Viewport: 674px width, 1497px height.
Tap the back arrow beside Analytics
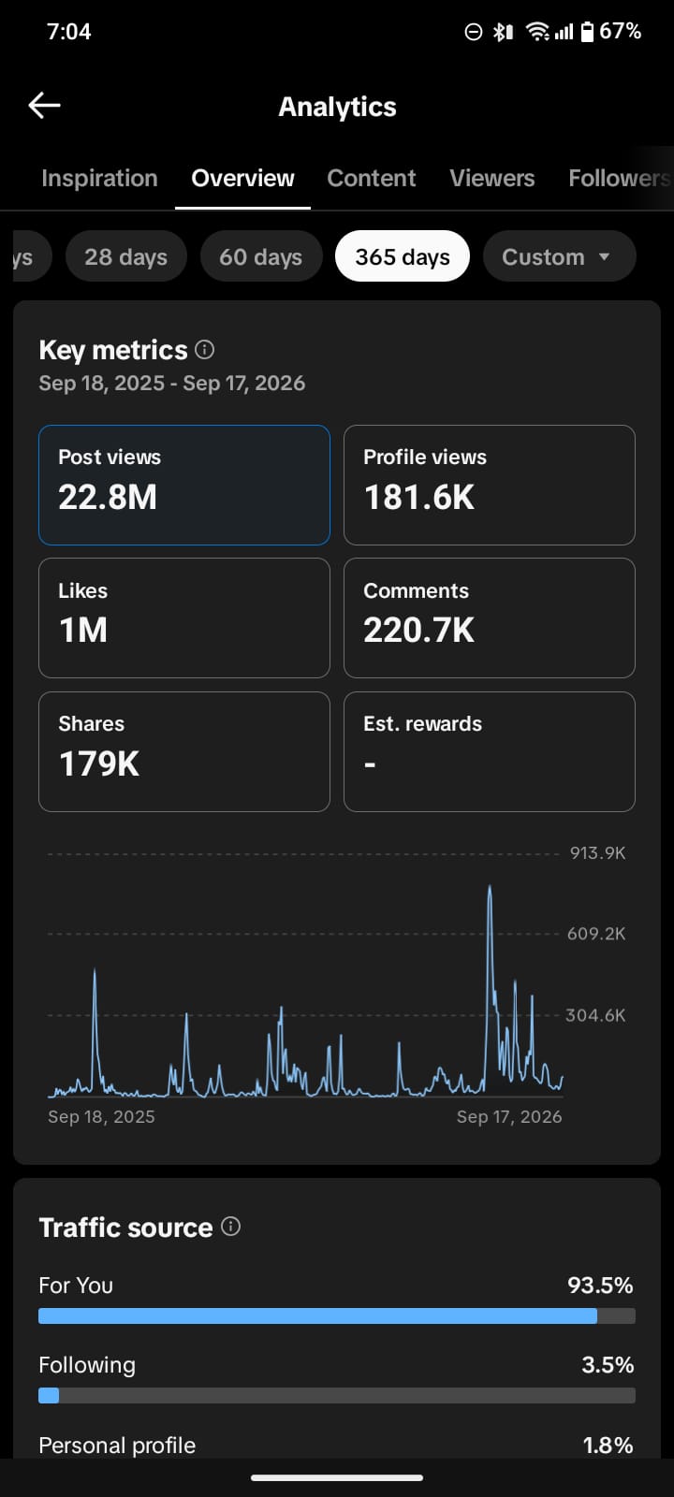pos(44,106)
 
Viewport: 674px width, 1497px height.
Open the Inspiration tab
pos(99,178)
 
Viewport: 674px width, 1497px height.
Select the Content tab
pos(371,178)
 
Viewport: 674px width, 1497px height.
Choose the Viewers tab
pos(492,178)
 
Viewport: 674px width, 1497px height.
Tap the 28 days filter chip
pos(125,256)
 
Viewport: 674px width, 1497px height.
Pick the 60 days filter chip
pos(261,256)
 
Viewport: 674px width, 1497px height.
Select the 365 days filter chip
pos(403,256)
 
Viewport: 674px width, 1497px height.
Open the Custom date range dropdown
pos(559,256)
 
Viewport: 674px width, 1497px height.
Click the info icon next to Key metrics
pos(205,350)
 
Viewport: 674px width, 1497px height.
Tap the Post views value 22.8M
pos(108,497)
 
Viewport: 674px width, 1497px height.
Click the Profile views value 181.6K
pos(419,497)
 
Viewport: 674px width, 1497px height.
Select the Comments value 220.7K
pos(419,631)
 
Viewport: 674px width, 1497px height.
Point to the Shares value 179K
pos(99,763)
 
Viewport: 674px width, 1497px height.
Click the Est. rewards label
pos(422,724)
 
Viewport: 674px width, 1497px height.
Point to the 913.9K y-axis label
pos(598,852)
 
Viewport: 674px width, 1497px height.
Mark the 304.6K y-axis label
pos(595,1015)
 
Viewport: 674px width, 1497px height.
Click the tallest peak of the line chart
pos(490,887)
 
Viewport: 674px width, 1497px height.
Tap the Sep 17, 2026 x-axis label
pos(509,1117)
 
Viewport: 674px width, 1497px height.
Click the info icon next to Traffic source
pos(230,1227)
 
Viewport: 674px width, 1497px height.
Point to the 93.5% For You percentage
pos(600,1286)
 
